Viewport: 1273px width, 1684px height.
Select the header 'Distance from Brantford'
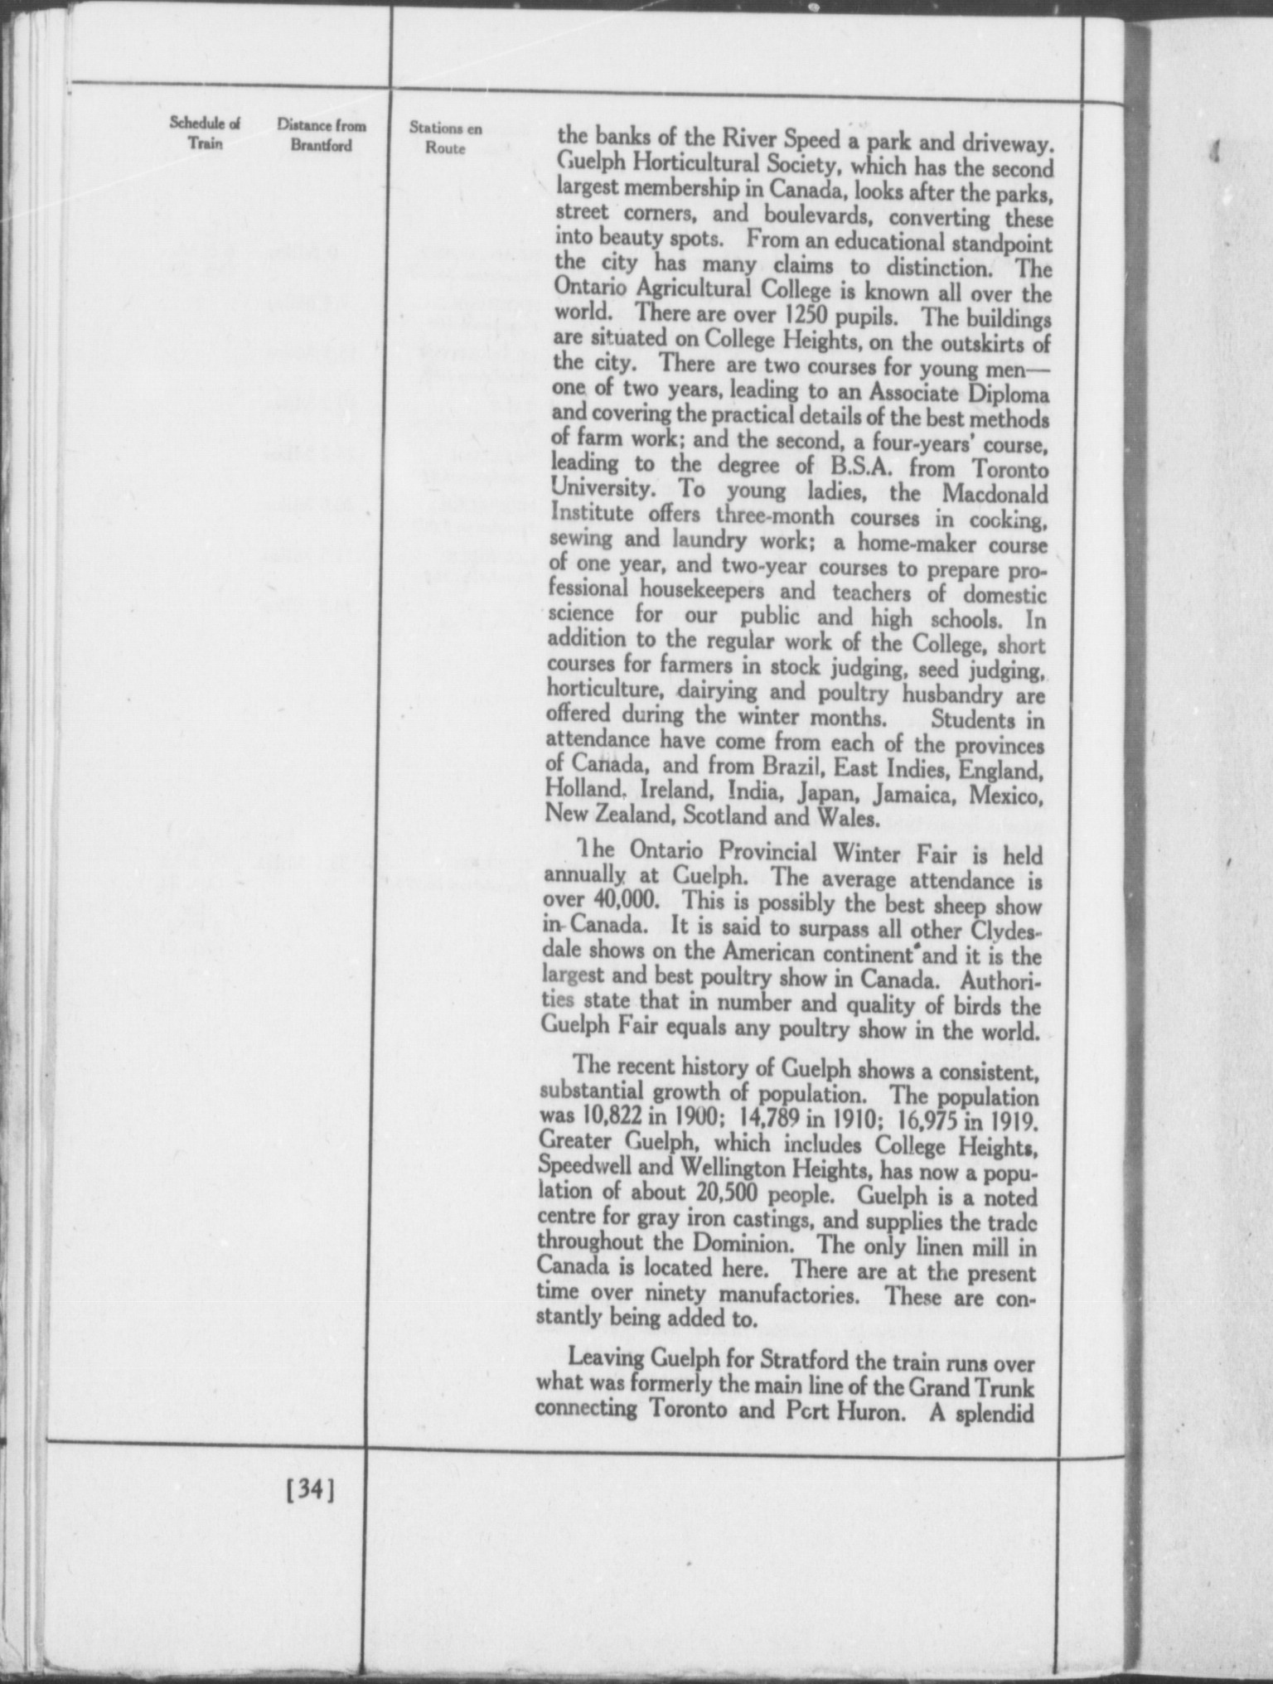click(x=322, y=136)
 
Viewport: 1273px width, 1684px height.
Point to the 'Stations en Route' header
click(x=446, y=138)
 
